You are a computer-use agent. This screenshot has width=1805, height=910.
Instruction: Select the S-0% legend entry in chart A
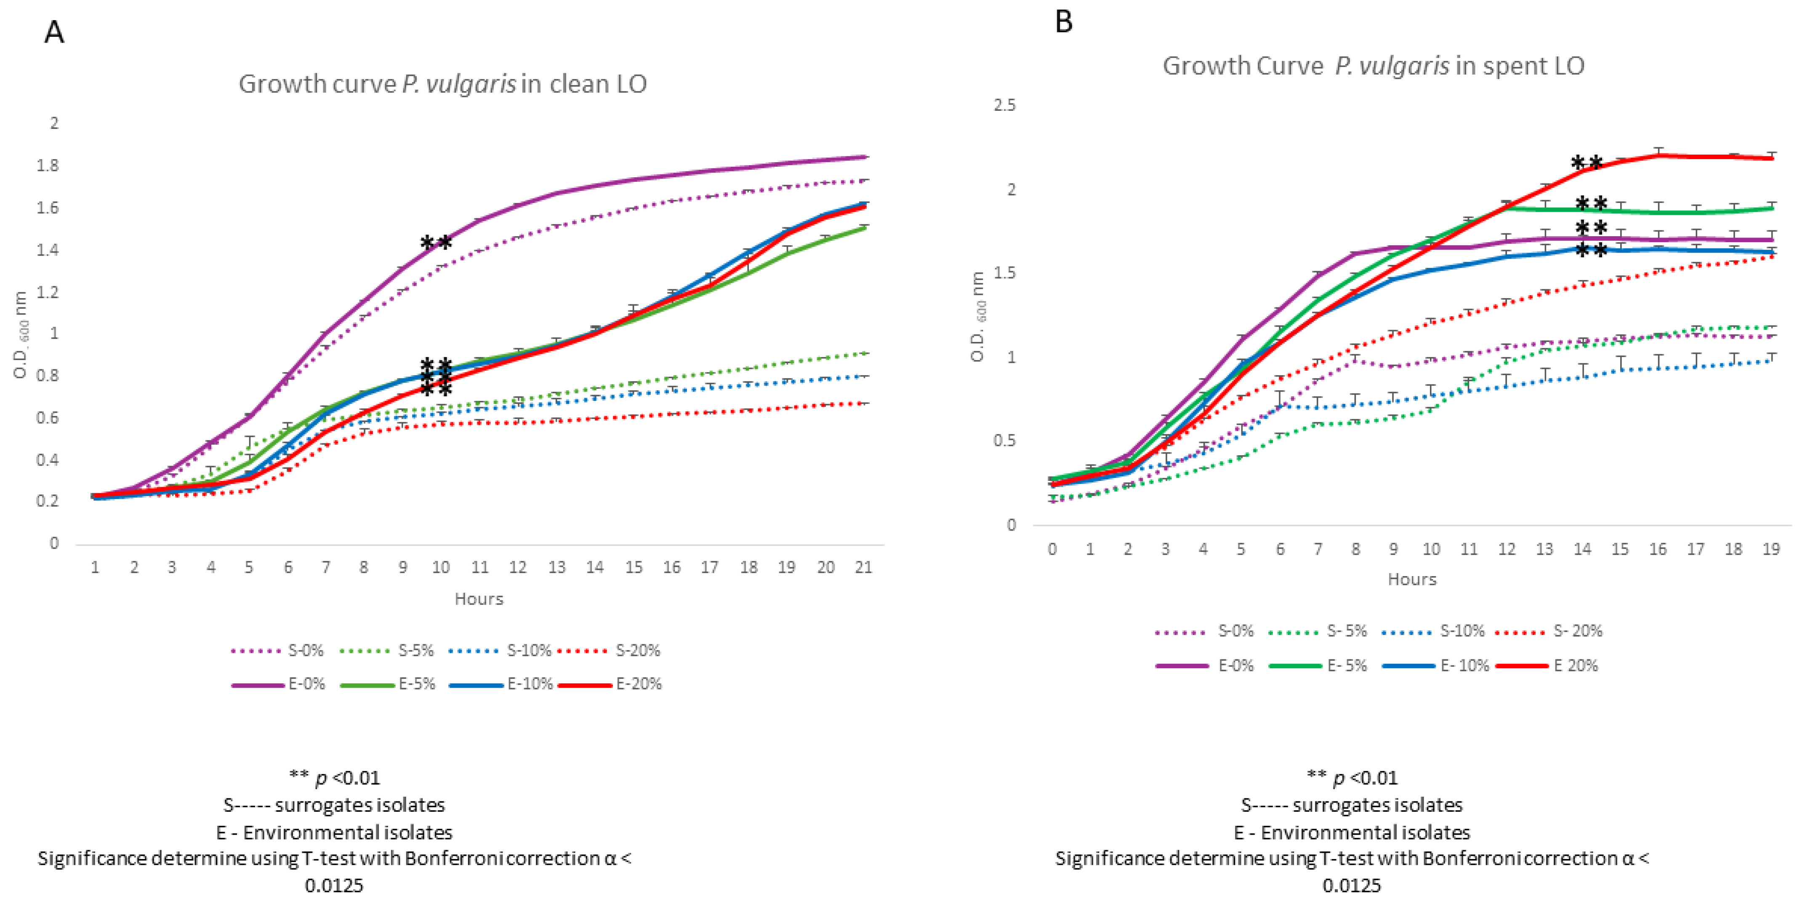tap(277, 651)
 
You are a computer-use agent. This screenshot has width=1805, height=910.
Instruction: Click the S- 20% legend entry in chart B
tap(1549, 631)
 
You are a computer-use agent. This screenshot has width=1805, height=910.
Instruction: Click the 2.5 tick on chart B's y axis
tap(1004, 105)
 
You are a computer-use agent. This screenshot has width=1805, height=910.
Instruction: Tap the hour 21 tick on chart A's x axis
tap(863, 567)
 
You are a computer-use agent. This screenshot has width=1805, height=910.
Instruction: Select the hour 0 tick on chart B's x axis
tap(1052, 549)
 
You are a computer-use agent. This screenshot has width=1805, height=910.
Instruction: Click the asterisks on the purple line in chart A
tap(436, 243)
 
